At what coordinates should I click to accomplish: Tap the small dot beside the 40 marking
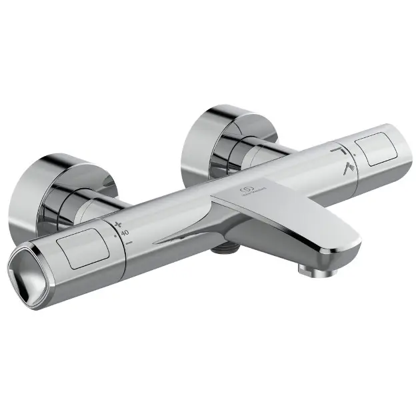coord(117,235)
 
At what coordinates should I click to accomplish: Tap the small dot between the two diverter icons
coord(347,160)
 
